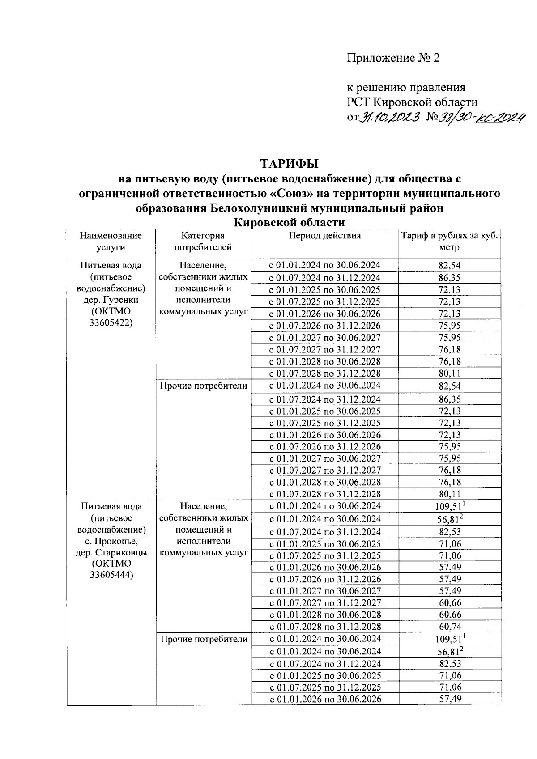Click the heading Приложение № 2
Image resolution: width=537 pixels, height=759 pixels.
[393, 58]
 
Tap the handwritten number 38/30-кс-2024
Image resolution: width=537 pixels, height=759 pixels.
[481, 117]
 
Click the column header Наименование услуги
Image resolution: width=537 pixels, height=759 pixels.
[111, 241]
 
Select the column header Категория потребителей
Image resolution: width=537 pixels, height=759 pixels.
[203, 241]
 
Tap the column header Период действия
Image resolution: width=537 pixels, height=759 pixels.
[324, 236]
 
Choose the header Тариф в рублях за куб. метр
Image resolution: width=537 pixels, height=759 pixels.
[449, 241]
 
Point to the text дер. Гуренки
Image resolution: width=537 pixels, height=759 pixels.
[111, 300]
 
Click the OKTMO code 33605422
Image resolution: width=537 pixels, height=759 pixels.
[111, 323]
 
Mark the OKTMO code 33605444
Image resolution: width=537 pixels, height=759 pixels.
[111, 575]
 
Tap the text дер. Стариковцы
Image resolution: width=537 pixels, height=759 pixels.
[111, 552]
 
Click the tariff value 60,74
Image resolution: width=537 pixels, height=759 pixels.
[450, 627]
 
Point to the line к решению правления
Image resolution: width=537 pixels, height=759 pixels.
[406, 88]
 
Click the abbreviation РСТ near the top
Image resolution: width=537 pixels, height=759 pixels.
[358, 102]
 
